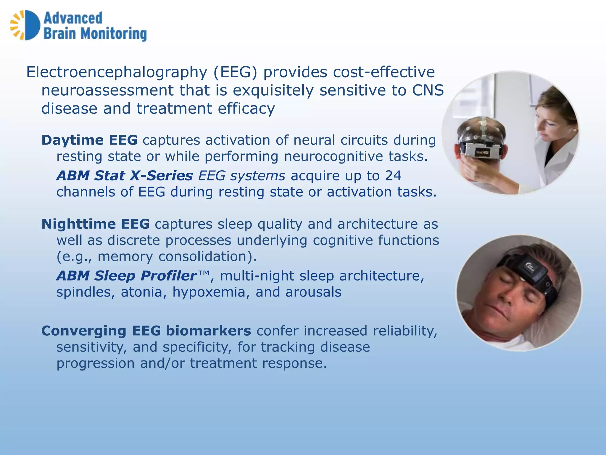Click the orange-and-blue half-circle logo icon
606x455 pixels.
(x=25, y=25)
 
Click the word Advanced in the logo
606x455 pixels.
(x=73, y=18)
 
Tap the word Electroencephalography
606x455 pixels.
(x=117, y=72)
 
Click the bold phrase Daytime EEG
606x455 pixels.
(x=89, y=140)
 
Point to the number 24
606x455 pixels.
(x=393, y=175)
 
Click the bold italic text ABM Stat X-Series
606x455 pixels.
(x=125, y=175)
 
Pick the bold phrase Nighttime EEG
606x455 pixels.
(x=95, y=224)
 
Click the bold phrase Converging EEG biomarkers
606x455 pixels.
(x=146, y=331)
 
